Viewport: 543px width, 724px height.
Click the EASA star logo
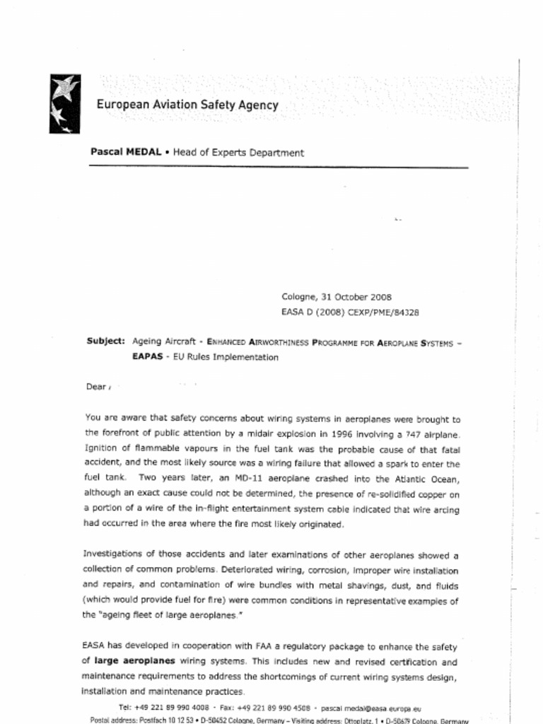(64, 104)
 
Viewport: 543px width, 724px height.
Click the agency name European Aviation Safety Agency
(187, 105)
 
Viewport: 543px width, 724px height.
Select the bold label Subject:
(106, 341)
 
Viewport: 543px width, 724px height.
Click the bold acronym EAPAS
(146, 357)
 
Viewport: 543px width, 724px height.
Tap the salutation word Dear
(95, 387)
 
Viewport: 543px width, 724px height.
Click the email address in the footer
(371, 707)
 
